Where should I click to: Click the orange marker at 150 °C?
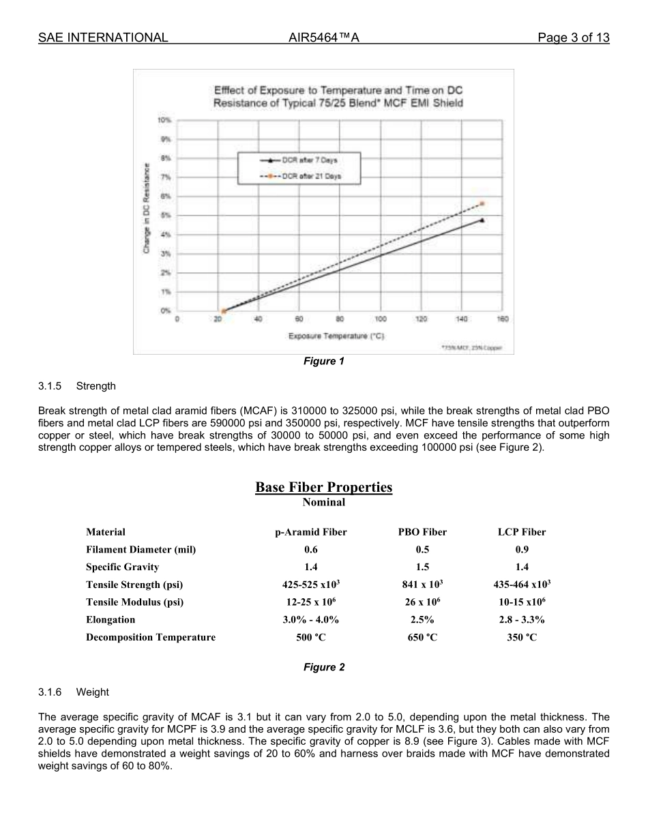point(482,203)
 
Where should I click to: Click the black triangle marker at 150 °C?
point(482,220)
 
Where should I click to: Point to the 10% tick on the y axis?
point(164,120)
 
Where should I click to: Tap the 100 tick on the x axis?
point(381,319)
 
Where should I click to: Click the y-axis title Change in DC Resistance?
point(147,208)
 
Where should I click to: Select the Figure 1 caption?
point(323,361)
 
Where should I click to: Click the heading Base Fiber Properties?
point(323,487)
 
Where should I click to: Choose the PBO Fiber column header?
point(422,532)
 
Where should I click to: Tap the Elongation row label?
point(111,620)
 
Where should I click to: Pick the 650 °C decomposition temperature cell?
point(422,638)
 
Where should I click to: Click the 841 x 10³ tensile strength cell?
point(422,585)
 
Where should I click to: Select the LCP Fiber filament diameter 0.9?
point(522,550)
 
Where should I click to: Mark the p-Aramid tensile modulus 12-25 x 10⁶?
point(306,602)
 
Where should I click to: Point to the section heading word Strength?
point(96,386)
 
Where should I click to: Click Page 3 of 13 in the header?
point(573,38)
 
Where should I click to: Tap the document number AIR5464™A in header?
point(323,38)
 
